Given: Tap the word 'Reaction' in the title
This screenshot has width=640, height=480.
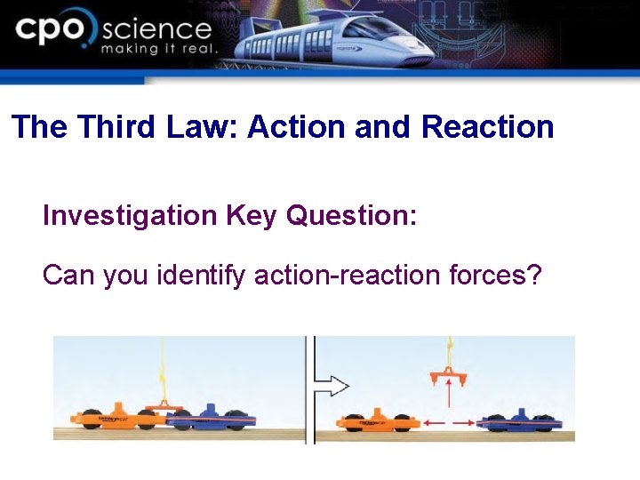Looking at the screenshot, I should pyautogui.click(x=487, y=127).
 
